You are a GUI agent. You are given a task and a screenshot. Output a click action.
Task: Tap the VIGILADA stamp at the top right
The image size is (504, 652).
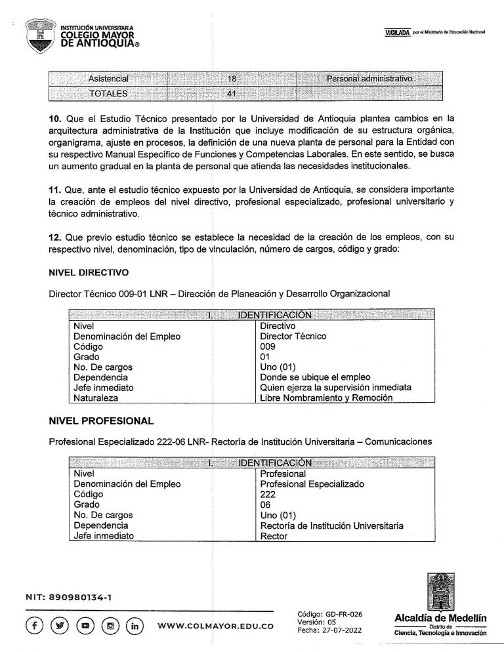point(395,33)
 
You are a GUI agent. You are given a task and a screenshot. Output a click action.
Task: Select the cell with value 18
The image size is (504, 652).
point(231,79)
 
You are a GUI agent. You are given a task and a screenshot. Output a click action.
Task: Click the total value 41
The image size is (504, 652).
point(231,92)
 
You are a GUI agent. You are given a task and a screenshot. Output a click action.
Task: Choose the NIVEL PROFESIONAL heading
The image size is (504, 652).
point(101,420)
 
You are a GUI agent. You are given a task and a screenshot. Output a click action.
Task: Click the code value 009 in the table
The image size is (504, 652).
point(268,346)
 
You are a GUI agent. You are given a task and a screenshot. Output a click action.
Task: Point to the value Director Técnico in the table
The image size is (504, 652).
point(293,336)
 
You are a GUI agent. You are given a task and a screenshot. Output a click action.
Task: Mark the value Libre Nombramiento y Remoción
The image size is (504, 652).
point(326,397)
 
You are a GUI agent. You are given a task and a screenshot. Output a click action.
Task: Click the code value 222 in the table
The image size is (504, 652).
point(268,494)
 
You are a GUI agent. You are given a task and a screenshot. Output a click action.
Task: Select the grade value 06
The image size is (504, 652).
point(266,504)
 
